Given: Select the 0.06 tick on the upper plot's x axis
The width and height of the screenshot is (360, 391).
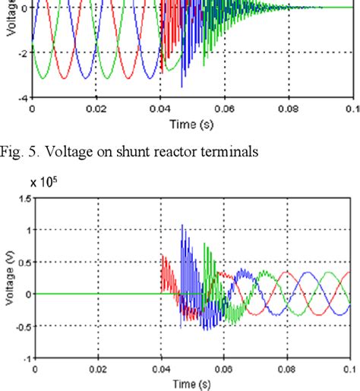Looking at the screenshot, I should [x=224, y=109].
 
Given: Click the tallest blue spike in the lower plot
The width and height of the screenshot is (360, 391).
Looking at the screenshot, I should [x=182, y=226].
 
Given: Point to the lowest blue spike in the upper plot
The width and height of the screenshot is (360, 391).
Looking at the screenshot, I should [x=182, y=86].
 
